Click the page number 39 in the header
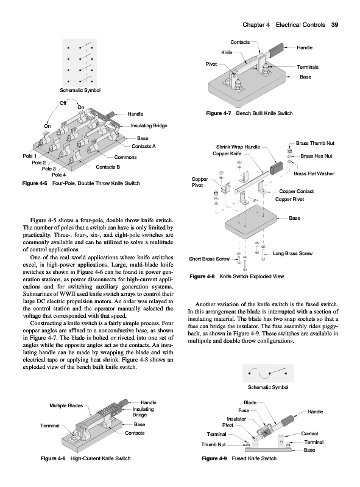pos(334,25)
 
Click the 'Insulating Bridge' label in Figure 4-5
pos(149,126)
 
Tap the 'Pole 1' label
pos(30,156)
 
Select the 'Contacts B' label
pos(108,167)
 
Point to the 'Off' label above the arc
pos(63,103)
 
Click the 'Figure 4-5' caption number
pos(35,183)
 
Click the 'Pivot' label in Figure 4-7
pos(211,64)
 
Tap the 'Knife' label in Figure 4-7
pos(227,52)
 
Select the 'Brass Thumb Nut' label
pos(316,143)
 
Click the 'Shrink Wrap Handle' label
pos(238,147)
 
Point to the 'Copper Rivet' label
pos(289,199)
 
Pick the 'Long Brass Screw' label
pos(292,253)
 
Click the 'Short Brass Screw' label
pos(209,259)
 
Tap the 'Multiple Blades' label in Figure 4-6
pos(66,405)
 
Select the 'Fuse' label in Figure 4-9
pos(244,410)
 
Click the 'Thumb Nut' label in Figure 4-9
pos(213,444)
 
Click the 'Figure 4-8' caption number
pos(202,276)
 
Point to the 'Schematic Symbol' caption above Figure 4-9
pos(268,387)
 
